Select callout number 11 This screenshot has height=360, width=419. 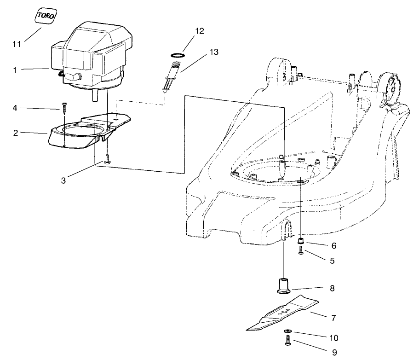pyautogui.click(x=17, y=44)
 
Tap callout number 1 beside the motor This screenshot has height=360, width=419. pyautogui.click(x=15, y=70)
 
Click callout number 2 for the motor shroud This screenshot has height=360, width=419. pyautogui.click(x=15, y=133)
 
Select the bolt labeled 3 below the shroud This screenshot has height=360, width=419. pyautogui.click(x=107, y=159)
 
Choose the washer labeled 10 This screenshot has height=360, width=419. pyautogui.click(x=287, y=331)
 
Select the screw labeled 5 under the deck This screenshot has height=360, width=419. pyautogui.click(x=301, y=251)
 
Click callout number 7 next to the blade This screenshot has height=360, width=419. pyautogui.click(x=333, y=318)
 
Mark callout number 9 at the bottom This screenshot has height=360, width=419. pyautogui.click(x=334, y=352)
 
